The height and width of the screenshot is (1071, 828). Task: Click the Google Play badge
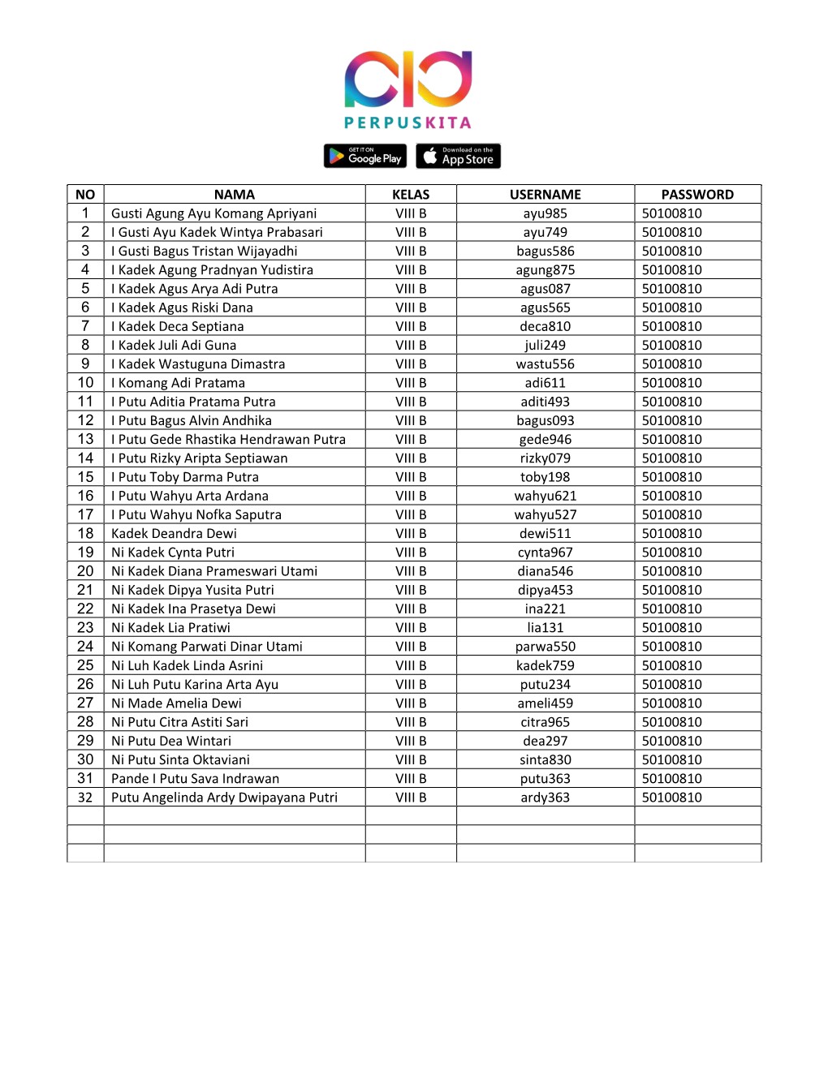tap(364, 156)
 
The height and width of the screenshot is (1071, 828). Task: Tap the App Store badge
tap(458, 156)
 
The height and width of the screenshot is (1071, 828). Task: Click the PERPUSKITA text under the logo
tap(408, 123)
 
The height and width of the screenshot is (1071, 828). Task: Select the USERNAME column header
tap(545, 195)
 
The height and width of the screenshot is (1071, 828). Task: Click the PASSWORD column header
tap(696, 195)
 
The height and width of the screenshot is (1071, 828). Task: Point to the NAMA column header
tap(234, 195)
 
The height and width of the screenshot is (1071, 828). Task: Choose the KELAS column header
tap(411, 195)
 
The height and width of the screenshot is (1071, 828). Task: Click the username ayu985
tap(545, 213)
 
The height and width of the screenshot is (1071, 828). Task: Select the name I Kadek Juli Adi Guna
tap(174, 345)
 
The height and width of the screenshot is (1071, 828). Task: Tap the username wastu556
tap(545, 364)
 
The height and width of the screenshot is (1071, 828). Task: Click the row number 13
tap(85, 439)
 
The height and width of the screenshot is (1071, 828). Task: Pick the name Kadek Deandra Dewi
tap(174, 533)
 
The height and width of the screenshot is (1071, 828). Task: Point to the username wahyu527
tap(545, 514)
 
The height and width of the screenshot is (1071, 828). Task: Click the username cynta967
tap(545, 553)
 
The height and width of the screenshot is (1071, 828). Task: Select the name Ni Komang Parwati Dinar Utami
tap(206, 647)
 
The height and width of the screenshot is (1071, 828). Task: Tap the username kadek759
tap(545, 665)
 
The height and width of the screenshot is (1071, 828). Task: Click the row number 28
tap(85, 722)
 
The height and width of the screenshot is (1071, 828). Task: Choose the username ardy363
tap(545, 798)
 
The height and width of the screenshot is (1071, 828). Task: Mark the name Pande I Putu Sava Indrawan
tap(195, 779)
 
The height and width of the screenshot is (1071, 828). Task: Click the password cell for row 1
tap(671, 213)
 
